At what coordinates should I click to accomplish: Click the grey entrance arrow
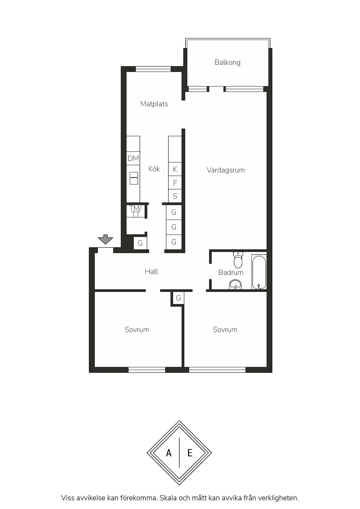click(x=105, y=239)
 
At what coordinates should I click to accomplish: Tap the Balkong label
click(x=228, y=62)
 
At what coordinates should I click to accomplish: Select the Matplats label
click(x=154, y=104)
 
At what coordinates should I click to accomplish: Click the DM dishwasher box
click(x=133, y=158)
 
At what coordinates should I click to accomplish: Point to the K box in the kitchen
click(x=175, y=169)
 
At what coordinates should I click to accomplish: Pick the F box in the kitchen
click(x=175, y=183)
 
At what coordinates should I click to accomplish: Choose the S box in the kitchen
click(x=175, y=196)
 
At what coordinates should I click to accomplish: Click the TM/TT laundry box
click(x=136, y=211)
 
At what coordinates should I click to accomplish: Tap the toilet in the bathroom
click(x=238, y=260)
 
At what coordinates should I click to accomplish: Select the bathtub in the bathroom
click(x=259, y=272)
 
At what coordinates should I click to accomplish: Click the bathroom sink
click(x=235, y=285)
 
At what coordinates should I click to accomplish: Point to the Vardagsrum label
click(x=226, y=170)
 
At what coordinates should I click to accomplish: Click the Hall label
click(x=152, y=272)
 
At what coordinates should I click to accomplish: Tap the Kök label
click(x=154, y=169)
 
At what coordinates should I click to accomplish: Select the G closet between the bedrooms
click(x=179, y=298)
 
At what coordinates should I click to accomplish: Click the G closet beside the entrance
click(x=140, y=243)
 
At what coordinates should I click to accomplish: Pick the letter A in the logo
click(x=169, y=453)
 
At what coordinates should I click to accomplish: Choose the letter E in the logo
click(x=190, y=453)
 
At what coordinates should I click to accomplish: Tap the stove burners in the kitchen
click(x=134, y=178)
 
